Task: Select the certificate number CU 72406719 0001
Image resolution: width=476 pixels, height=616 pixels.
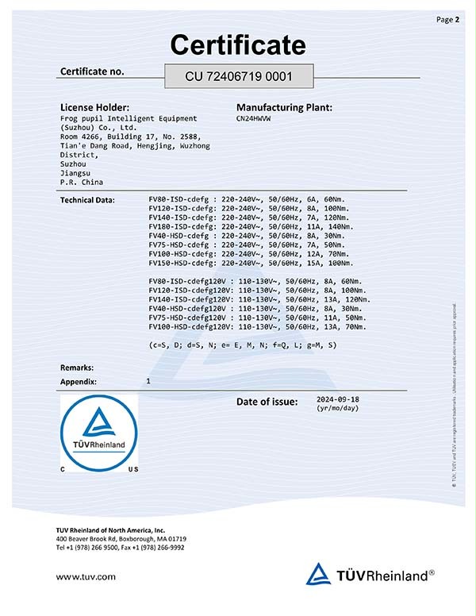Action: click(239, 77)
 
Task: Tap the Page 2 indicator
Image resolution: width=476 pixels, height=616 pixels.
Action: click(448, 19)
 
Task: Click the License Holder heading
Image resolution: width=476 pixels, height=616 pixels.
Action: click(94, 106)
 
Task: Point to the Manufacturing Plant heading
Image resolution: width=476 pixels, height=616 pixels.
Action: click(284, 106)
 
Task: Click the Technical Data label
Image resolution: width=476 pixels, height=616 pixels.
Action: click(87, 199)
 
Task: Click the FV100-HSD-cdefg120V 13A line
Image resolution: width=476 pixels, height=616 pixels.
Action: click(257, 326)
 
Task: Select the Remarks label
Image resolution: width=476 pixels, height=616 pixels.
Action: click(77, 368)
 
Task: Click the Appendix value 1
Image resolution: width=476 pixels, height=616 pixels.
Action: click(148, 382)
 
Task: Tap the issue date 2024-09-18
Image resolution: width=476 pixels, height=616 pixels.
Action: click(338, 400)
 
